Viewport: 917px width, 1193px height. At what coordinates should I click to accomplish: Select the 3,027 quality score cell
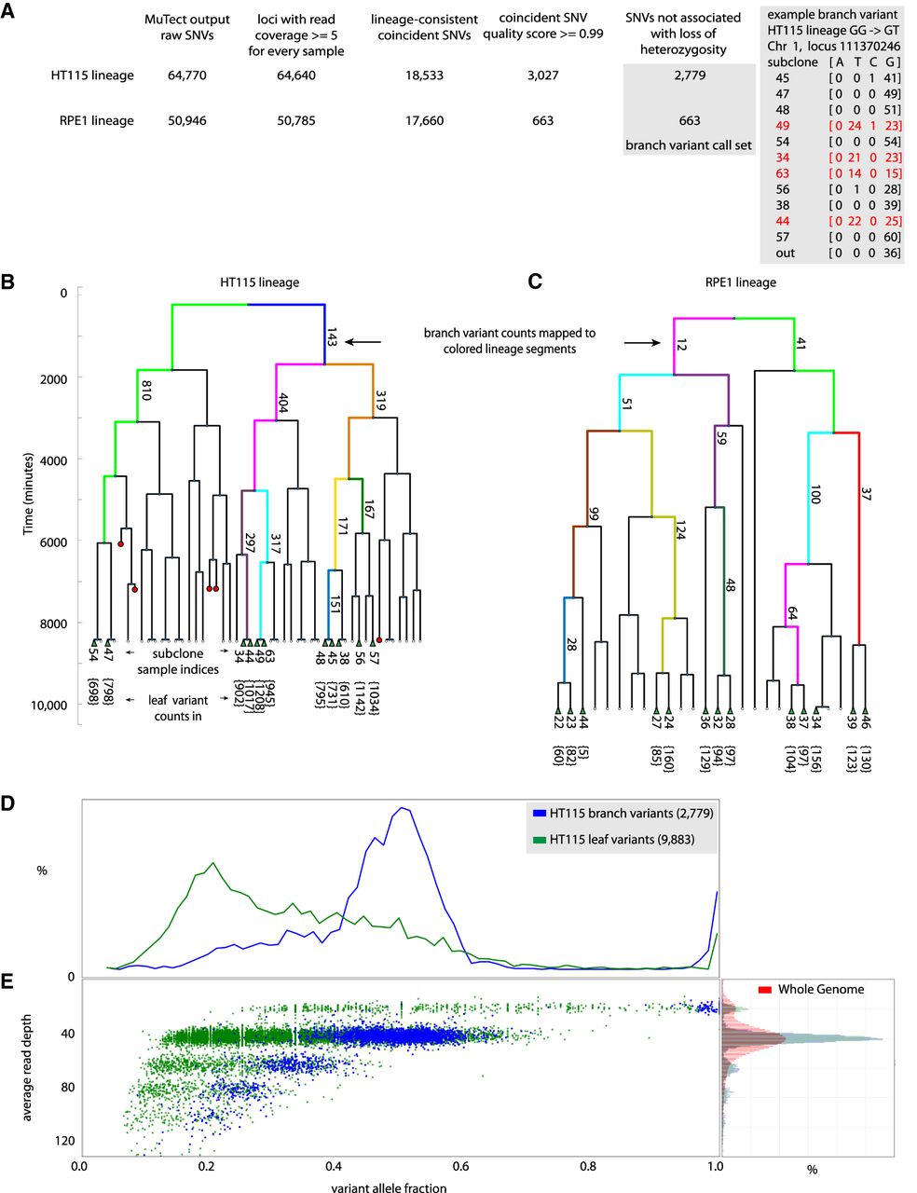pyautogui.click(x=541, y=75)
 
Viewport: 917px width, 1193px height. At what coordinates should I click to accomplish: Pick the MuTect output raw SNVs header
pyautogui.click(x=187, y=27)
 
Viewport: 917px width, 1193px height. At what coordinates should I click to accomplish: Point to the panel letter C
pyautogui.click(x=535, y=281)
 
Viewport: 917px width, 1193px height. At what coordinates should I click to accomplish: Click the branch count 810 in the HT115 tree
pyautogui.click(x=146, y=391)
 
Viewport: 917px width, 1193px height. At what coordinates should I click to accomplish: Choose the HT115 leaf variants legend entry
pyautogui.click(x=623, y=840)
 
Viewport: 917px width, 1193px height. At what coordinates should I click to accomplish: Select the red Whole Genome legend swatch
pyautogui.click(x=766, y=989)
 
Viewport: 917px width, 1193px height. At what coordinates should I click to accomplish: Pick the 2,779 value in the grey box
pyautogui.click(x=689, y=75)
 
